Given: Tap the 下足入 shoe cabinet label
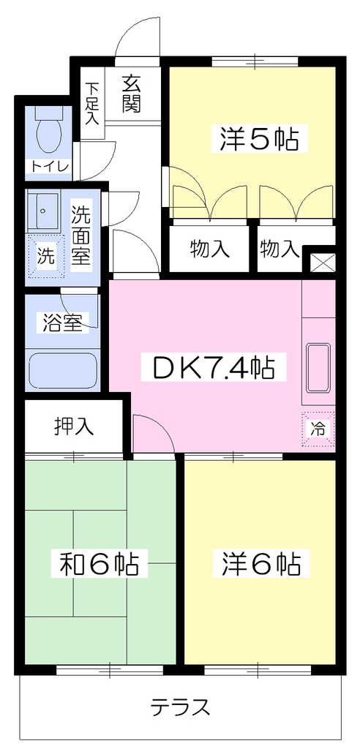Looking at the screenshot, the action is tap(92, 104).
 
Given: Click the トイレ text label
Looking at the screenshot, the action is tap(49, 166).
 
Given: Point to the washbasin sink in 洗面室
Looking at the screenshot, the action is tap(44, 211).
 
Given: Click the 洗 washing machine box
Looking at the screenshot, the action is tap(46, 257).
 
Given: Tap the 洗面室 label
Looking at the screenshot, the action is tap(80, 237).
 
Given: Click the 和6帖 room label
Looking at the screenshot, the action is tap(99, 565).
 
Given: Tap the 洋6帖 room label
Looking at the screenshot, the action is tap(261, 564).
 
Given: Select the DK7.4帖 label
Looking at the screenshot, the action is tap(208, 367).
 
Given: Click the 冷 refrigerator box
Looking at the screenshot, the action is tap(318, 429).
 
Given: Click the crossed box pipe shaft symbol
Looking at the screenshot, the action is tap(319, 262).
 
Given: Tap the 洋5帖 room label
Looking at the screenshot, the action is tap(260, 139).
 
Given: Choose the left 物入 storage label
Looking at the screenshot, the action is tap(209, 249).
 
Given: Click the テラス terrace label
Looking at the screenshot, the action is tap(181, 707).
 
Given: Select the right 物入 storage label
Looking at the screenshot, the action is tap(280, 249).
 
